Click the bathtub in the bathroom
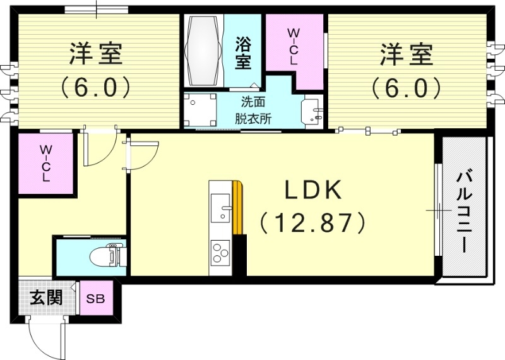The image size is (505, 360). (x=204, y=51)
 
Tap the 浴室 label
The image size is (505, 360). (x=243, y=53)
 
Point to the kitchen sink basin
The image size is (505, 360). (x=220, y=208)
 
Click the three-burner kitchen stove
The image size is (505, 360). (x=220, y=254)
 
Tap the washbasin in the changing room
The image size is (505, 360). (x=312, y=110)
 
